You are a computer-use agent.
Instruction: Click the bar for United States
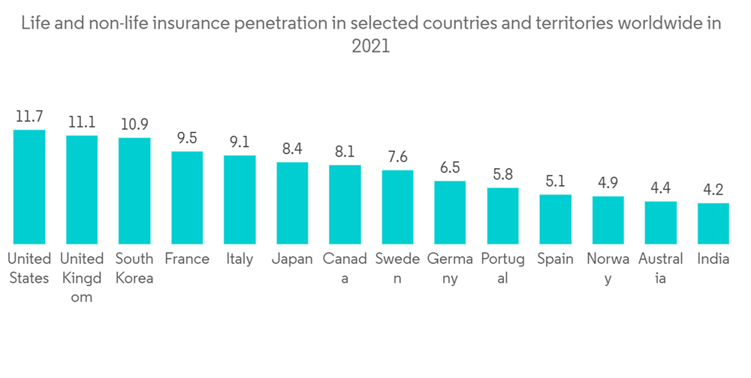pyautogui.click(x=29, y=187)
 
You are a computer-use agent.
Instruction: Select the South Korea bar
pyautogui.click(x=134, y=190)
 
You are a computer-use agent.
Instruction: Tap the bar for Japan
pyautogui.click(x=292, y=202)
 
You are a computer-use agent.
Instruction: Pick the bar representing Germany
pyautogui.click(x=450, y=212)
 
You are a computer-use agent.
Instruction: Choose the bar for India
pyautogui.click(x=713, y=223)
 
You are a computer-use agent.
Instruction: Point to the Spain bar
pyautogui.click(x=555, y=219)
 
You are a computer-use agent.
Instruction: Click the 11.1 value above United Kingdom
pyautogui.click(x=82, y=122)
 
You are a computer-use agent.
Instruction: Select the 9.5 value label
pyautogui.click(x=187, y=138)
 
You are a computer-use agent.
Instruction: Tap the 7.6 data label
pyautogui.click(x=397, y=157)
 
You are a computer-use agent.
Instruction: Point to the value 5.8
pyautogui.click(x=502, y=175)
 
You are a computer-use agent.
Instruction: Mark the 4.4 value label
pyautogui.click(x=660, y=188)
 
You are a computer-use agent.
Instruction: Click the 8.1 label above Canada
pyautogui.click(x=345, y=151)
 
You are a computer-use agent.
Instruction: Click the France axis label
pyautogui.click(x=187, y=259)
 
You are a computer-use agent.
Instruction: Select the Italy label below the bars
pyautogui.click(x=240, y=259)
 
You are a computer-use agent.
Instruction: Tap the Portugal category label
pyautogui.click(x=502, y=268)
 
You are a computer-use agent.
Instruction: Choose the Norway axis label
pyautogui.click(x=608, y=268)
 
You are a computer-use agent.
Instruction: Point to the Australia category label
pyautogui.click(x=660, y=268)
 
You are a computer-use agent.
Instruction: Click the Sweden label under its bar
pyautogui.click(x=397, y=268)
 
